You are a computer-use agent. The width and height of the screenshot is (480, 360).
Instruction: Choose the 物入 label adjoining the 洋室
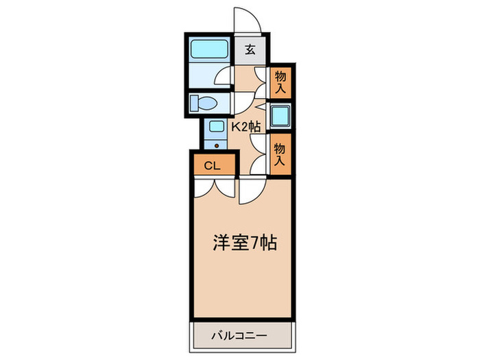coord(280,152)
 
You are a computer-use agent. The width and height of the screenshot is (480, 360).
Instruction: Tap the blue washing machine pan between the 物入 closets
coord(280,116)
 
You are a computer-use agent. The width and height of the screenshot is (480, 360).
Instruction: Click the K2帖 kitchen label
coord(244,127)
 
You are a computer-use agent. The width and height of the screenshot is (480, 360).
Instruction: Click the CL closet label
coord(212,165)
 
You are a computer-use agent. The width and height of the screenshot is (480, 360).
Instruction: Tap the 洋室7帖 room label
coord(243,243)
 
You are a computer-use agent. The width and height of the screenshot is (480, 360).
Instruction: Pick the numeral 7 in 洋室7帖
coord(255,243)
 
